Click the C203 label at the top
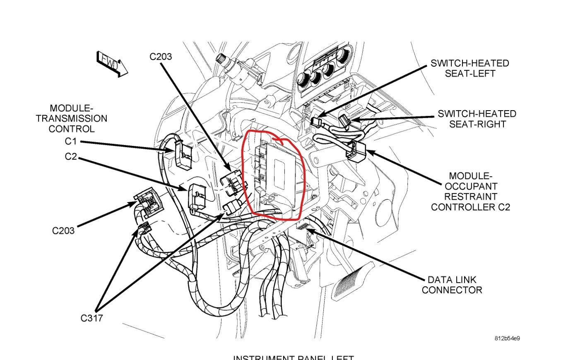click(161, 56)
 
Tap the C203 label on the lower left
click(63, 230)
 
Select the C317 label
click(91, 318)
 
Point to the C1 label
click(71, 141)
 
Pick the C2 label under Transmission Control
click(71, 157)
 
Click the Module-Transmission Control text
click(71, 118)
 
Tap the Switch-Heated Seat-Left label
click(469, 68)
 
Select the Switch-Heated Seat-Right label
click(477, 119)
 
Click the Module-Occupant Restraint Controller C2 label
click(470, 191)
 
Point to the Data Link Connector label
click(452, 285)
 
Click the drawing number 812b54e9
click(507, 338)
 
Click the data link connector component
click(303, 228)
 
